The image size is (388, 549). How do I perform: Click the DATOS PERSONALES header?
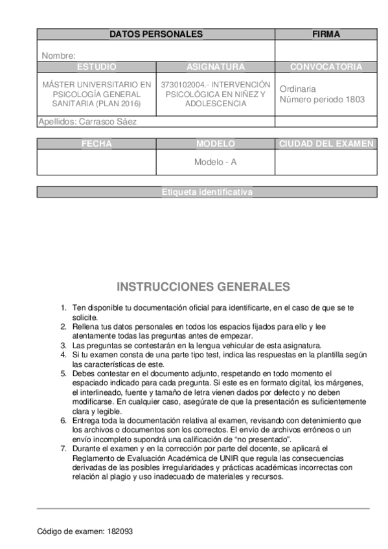(155, 34)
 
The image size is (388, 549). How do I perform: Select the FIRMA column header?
(326, 34)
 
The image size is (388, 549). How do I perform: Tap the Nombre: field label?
(59, 56)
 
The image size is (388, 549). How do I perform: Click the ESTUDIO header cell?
(97, 67)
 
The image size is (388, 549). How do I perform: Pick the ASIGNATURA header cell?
(216, 67)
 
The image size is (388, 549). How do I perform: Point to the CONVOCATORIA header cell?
(326, 67)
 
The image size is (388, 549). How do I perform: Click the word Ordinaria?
(298, 89)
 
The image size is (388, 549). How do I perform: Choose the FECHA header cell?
(97, 144)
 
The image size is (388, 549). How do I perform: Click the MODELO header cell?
(216, 144)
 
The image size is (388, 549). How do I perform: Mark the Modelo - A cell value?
(216, 162)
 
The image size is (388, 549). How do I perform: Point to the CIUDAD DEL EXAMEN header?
(326, 144)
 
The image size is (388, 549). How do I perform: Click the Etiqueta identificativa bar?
(207, 192)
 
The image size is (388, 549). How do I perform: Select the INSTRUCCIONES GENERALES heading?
(203, 286)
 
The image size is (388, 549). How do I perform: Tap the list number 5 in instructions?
(63, 374)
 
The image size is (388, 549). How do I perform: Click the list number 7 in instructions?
(63, 448)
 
